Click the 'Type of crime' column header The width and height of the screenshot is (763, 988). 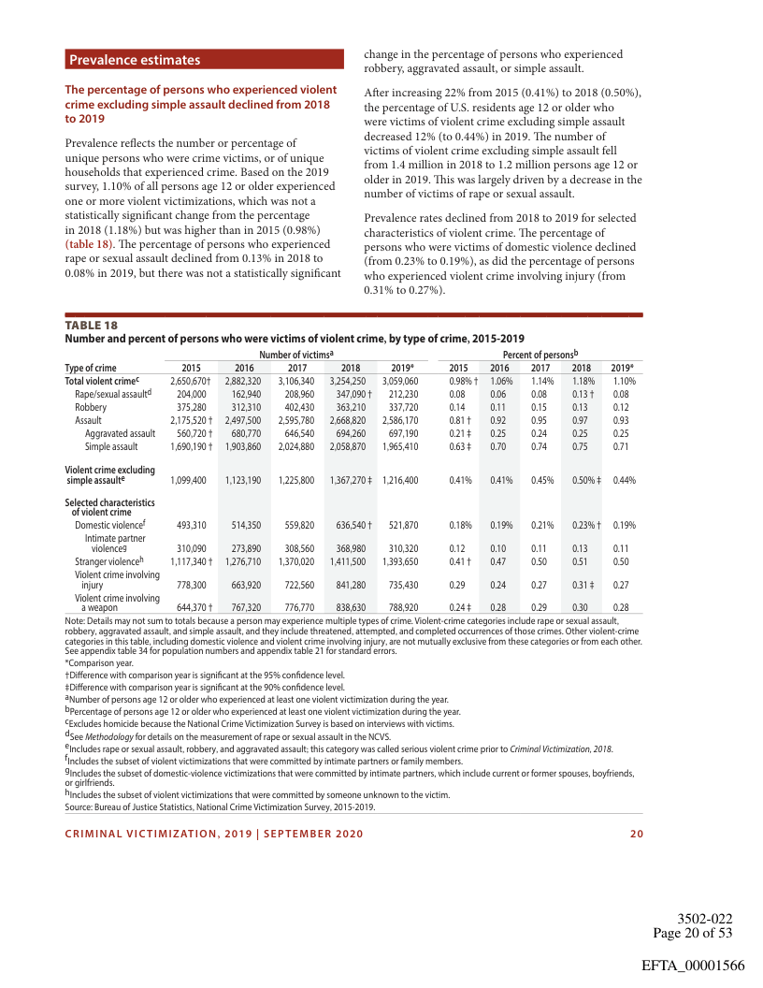click(91, 368)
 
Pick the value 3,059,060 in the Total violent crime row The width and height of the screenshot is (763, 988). click(400, 382)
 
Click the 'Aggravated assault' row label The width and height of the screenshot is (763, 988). click(120, 434)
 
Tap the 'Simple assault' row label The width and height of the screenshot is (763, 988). click(111, 447)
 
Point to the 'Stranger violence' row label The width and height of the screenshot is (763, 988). click(108, 561)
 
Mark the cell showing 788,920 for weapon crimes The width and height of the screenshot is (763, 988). click(400, 607)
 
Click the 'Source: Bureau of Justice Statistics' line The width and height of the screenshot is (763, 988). click(220, 806)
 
